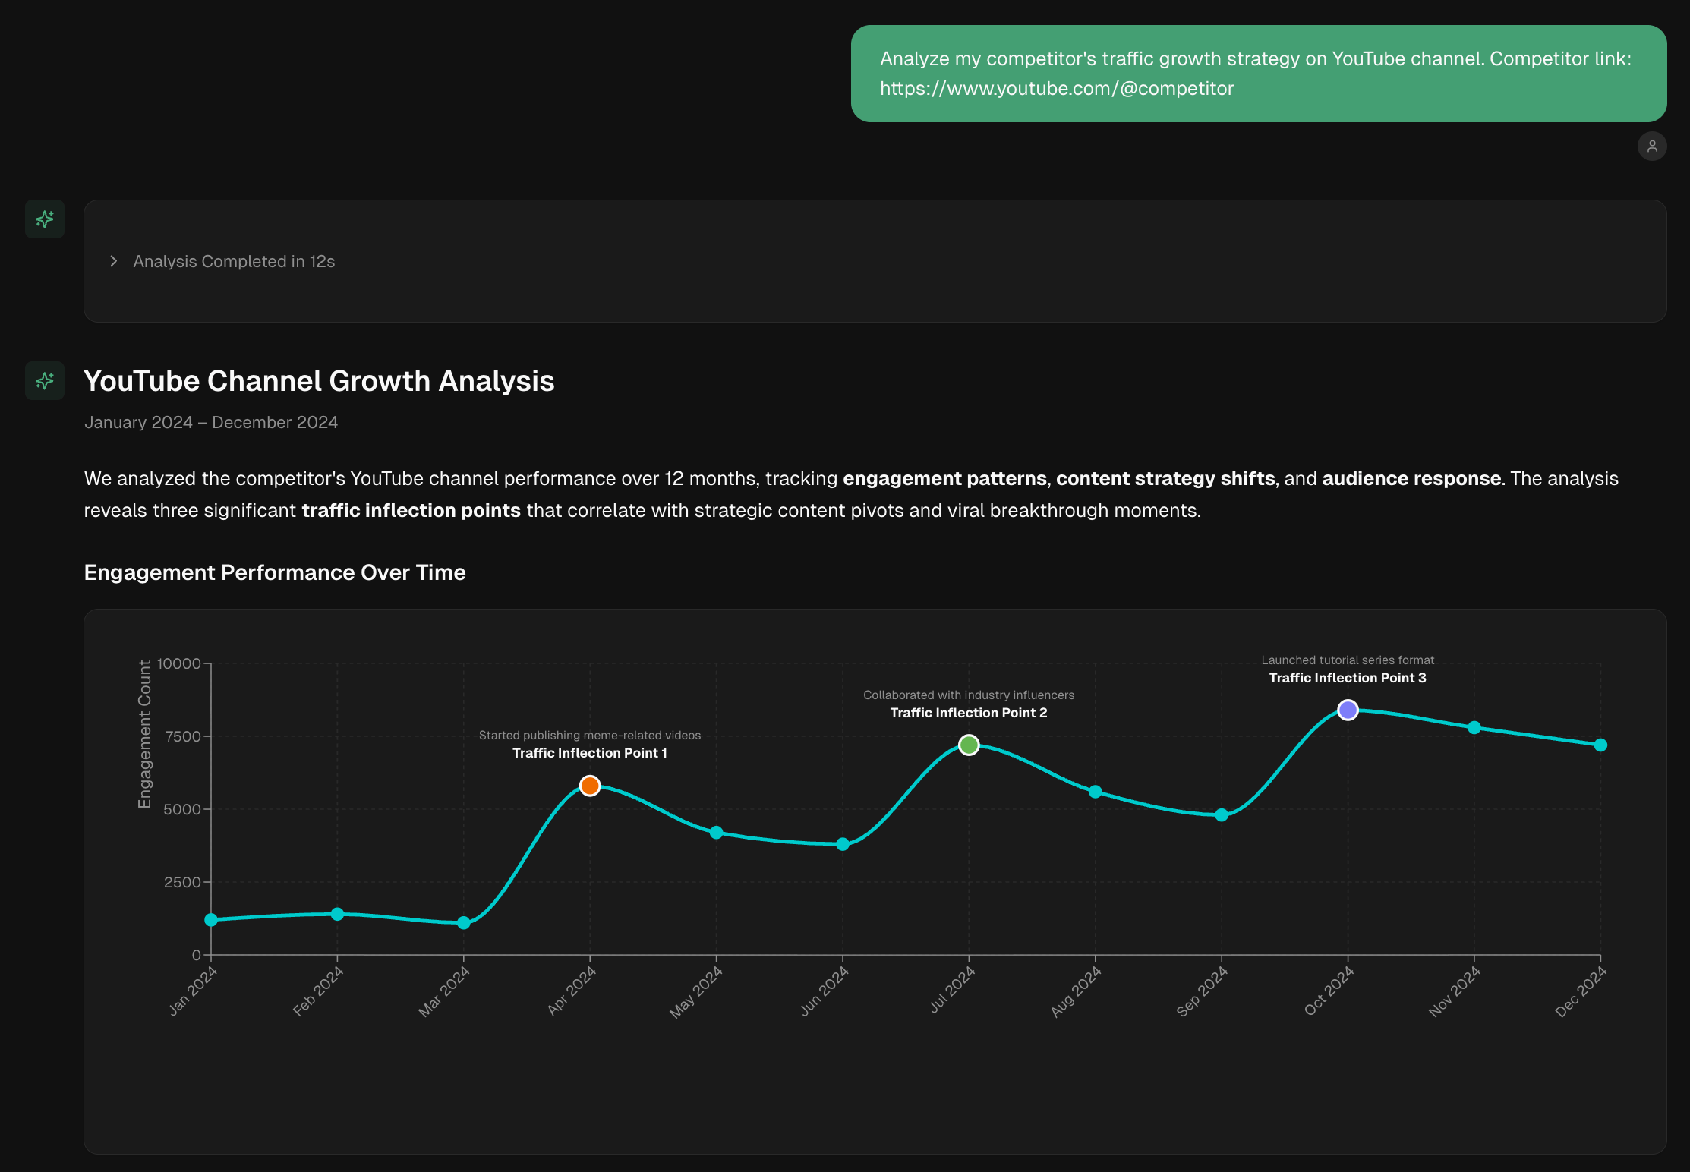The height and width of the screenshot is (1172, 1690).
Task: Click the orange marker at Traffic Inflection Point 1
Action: point(590,786)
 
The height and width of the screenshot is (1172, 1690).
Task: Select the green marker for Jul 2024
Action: point(969,745)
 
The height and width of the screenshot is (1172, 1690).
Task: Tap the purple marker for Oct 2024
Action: point(1348,710)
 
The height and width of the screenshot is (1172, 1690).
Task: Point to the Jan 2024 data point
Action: point(211,920)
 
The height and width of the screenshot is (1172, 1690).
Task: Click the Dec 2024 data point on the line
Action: point(1600,745)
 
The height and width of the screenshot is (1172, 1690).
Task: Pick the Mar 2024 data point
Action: point(464,923)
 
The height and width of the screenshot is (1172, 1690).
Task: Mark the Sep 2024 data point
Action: point(1222,815)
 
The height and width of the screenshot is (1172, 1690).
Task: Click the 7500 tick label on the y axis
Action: point(183,736)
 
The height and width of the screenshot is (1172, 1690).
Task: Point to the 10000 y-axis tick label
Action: point(179,663)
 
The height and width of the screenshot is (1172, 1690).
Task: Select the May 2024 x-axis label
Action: point(696,993)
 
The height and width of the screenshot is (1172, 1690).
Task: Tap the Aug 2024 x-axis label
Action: point(1075,993)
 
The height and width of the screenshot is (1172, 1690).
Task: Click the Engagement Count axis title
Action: point(144,734)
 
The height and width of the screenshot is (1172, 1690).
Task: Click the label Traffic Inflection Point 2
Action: point(969,713)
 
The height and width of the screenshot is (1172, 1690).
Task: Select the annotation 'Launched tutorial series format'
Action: point(1348,660)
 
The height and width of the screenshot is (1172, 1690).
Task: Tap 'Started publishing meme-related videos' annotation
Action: point(590,736)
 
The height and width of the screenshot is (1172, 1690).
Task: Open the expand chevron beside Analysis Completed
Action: point(114,261)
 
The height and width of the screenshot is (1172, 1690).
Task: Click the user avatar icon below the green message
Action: point(1652,146)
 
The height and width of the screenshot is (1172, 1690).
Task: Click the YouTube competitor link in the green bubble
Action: point(1057,89)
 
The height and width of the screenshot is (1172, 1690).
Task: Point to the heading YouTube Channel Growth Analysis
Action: point(319,381)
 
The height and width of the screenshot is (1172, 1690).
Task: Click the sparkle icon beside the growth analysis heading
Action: point(45,380)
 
